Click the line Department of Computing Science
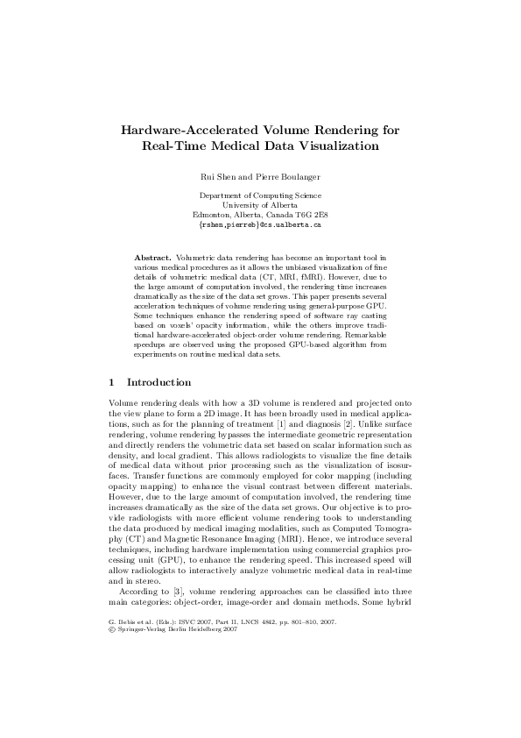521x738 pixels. point(260,195)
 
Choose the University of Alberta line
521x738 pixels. point(260,205)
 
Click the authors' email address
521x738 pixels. point(260,224)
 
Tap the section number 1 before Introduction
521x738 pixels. point(110,382)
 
